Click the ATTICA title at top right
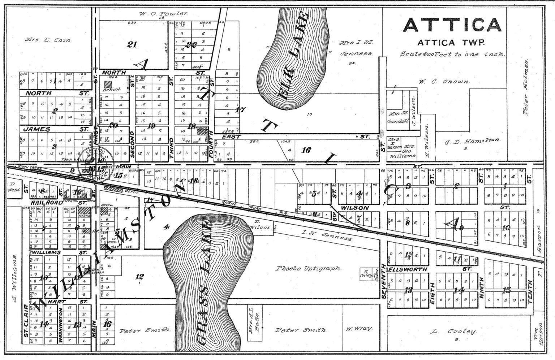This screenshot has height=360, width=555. pyautogui.click(x=452, y=25)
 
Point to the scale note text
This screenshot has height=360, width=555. pyautogui.click(x=452, y=54)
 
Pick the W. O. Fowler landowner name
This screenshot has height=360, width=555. pyautogui.click(x=164, y=13)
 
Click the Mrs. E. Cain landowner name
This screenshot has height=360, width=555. pyautogui.click(x=48, y=40)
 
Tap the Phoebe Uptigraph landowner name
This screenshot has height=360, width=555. pyautogui.click(x=309, y=268)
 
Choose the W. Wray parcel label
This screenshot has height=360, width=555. pyautogui.click(x=358, y=329)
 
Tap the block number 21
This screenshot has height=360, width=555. pyautogui.click(x=132, y=44)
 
